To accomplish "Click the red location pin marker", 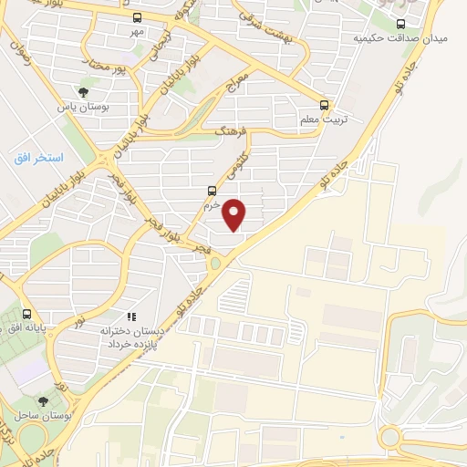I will [x=234, y=214].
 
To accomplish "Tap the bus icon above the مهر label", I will [x=137, y=17].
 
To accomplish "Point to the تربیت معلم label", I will [x=317, y=119].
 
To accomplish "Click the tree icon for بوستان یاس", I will [x=83, y=92].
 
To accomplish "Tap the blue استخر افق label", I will [x=38, y=158].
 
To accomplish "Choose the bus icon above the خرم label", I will [x=212, y=191].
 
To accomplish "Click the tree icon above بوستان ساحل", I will [x=43, y=400].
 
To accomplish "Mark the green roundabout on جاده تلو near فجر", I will [x=214, y=265].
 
